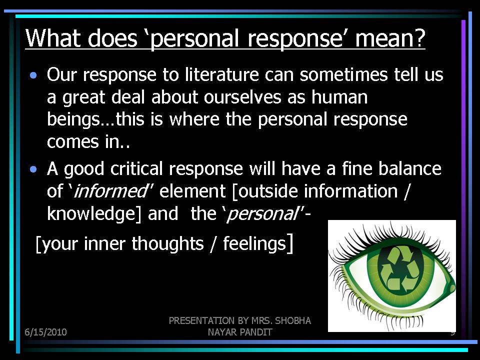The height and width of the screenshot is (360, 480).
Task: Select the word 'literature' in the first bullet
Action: (222, 74)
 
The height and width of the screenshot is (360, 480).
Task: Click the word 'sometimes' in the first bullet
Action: (343, 74)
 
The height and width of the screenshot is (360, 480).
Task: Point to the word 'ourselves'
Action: (242, 97)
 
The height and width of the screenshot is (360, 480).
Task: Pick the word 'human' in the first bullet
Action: (339, 97)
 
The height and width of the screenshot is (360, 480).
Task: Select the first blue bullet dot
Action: (33, 75)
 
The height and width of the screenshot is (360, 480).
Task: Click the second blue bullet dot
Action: (33, 169)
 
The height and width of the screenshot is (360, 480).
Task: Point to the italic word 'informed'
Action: (111, 191)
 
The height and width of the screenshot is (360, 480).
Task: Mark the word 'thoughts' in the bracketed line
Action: (168, 243)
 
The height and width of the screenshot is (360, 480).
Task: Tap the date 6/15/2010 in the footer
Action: (45, 332)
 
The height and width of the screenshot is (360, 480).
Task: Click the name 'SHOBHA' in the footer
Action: (293, 320)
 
